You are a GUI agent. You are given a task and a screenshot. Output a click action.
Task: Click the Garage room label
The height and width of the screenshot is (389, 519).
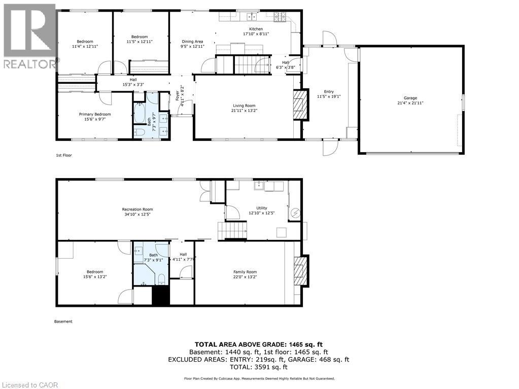point(410,98)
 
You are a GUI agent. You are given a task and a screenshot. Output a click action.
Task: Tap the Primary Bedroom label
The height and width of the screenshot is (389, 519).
point(95,114)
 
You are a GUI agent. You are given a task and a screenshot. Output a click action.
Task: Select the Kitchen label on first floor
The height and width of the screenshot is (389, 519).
point(256,29)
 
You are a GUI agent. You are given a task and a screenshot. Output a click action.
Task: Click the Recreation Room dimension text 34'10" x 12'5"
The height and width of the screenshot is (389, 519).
point(137,215)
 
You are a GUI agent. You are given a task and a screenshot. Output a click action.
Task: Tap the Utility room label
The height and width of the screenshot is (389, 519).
point(261,208)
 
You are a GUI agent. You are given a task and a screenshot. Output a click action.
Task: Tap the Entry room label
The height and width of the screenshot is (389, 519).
point(329,92)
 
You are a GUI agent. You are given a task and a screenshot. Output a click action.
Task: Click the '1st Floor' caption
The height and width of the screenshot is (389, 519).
point(64,155)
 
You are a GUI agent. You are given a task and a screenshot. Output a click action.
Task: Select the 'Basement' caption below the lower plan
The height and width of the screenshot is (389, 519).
point(63,321)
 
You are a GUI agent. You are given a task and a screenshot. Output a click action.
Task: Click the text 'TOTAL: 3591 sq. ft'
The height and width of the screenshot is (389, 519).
point(259,367)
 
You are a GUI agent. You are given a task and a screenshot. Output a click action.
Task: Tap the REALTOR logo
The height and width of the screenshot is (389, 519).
point(29,36)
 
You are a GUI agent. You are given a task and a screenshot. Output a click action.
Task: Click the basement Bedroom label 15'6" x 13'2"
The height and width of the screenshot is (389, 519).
point(95,274)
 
